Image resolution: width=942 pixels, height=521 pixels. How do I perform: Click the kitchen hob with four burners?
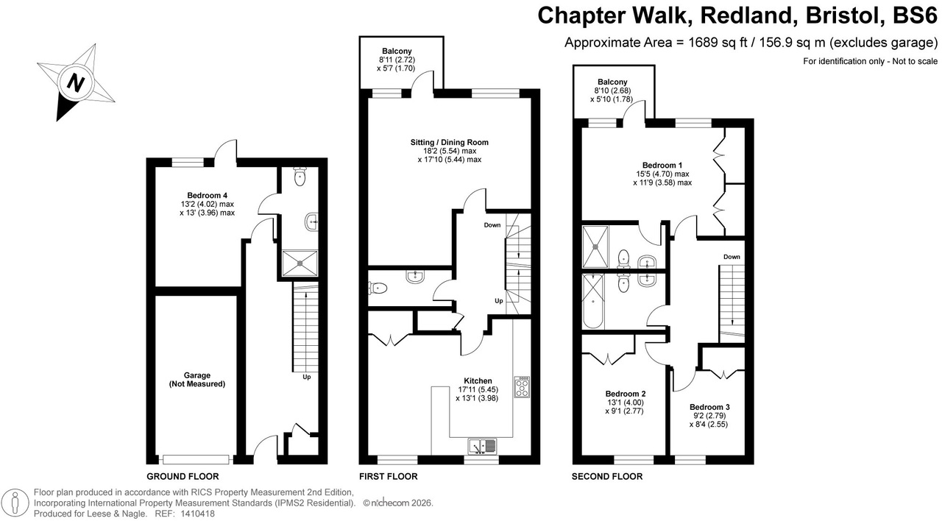point(523,387)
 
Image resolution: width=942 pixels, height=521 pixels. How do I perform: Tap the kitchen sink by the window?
point(482,445)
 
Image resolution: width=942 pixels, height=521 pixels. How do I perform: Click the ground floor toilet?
point(300,177)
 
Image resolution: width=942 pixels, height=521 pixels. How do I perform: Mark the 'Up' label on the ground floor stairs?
point(306,378)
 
